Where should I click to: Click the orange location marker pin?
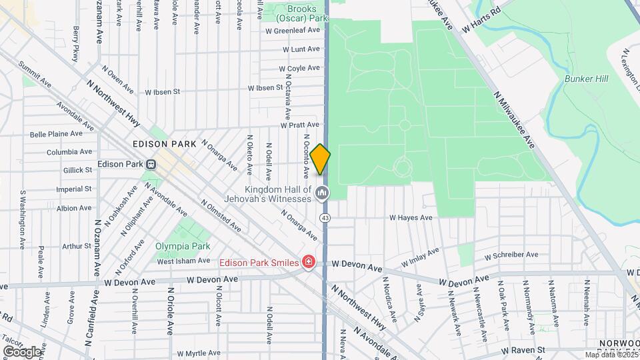[x=321, y=159]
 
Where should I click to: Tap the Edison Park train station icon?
[x=151, y=164]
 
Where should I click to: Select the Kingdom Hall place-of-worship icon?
[x=323, y=194]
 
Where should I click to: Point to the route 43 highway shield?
[x=325, y=218]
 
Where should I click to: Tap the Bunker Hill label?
[x=586, y=79]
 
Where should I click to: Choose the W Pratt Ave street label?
[x=300, y=125]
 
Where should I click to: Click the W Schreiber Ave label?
[x=511, y=255]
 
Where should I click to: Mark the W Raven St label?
[x=523, y=349]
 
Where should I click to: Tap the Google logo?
[x=22, y=351]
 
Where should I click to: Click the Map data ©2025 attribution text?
[x=611, y=355]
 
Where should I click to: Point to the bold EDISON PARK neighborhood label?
[x=164, y=144]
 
